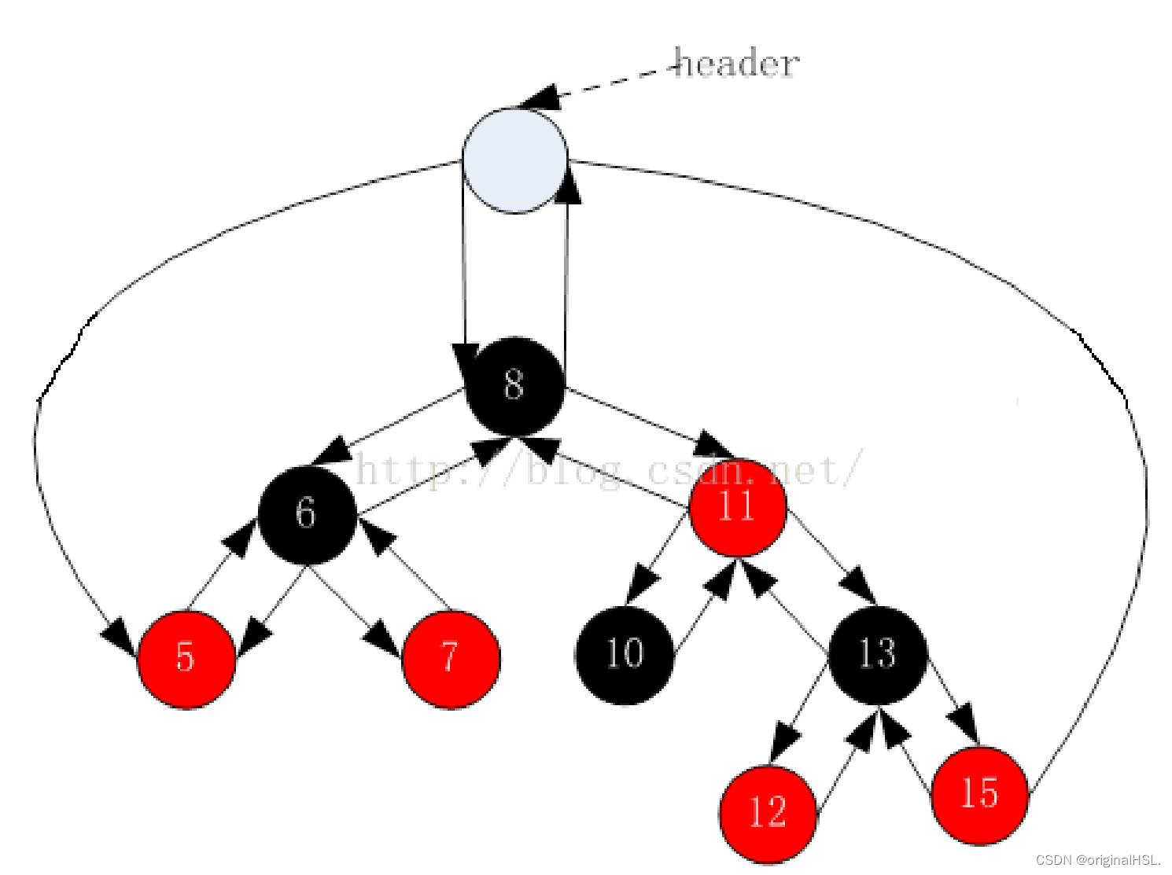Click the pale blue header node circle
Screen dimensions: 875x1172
514,160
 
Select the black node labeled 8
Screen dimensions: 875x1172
515,385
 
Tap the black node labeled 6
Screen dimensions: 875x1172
307,514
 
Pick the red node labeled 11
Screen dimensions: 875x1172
737,507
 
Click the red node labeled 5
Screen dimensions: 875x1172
186,658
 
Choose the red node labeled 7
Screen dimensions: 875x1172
450,658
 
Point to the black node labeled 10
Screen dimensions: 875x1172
625,654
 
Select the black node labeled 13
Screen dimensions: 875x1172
878,654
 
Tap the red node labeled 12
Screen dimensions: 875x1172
768,813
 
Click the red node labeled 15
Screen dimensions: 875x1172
979,795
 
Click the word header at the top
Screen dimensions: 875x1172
738,63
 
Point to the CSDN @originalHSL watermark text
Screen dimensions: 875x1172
1098,860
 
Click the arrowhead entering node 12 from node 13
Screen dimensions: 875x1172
783,743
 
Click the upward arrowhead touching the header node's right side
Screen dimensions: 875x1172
568,186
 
